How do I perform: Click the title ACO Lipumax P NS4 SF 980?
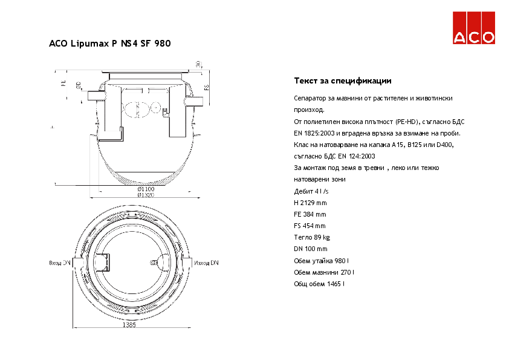tap(109, 44)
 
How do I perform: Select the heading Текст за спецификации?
tap(342, 80)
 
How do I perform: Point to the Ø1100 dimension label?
tap(145, 189)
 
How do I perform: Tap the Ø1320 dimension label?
tap(145, 195)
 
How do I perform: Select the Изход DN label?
tap(207, 263)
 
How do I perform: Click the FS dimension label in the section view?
tap(206, 88)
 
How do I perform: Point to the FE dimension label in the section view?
tap(63, 83)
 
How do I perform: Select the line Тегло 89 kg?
tap(311, 237)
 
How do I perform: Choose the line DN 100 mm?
tap(310, 249)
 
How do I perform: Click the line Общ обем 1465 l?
tap(319, 283)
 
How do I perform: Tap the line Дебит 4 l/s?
tap(311, 191)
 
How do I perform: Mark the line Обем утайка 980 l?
tap(322, 260)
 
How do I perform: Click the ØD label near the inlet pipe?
tap(79, 86)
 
